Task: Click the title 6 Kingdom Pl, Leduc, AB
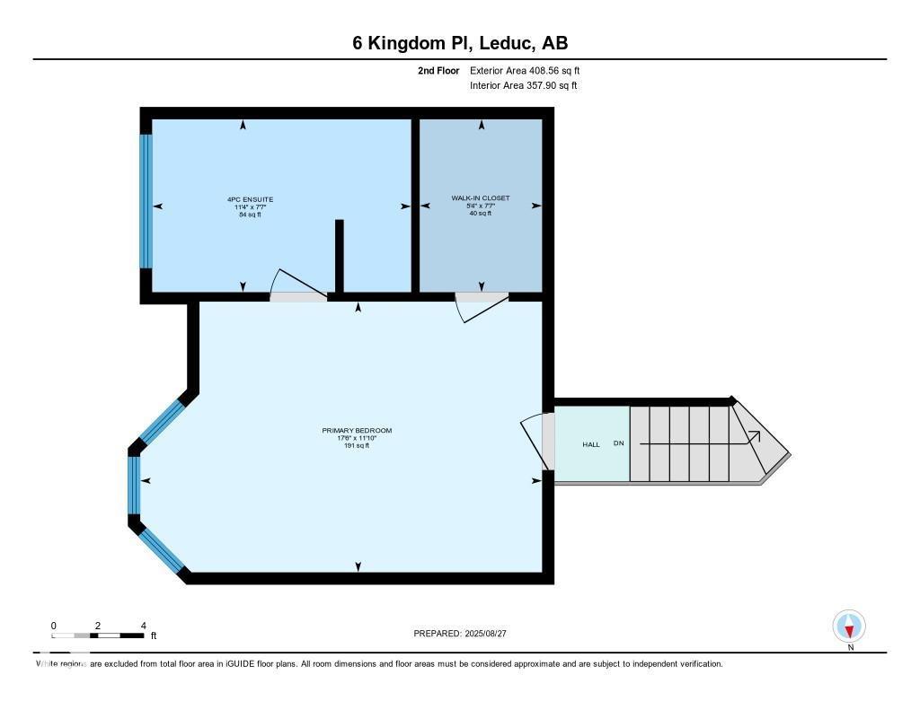pos(459,43)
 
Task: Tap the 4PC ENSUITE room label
pos(250,199)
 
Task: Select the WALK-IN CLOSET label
pos(481,197)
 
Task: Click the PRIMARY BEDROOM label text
pos(357,431)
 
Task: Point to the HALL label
pos(590,444)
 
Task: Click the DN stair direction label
pos(618,444)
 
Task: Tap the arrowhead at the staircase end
pos(756,436)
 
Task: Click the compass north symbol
pos(849,627)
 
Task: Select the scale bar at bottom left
pos(98,635)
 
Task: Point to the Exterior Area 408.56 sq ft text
pos(531,70)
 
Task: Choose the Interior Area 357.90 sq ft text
pos(523,86)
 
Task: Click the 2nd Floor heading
pos(438,70)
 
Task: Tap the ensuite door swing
pos(300,285)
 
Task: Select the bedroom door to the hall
pos(537,440)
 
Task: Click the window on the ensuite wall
pos(146,201)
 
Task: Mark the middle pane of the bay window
pos(135,485)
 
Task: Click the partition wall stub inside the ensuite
pos(340,256)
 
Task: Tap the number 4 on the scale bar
pos(143,626)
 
